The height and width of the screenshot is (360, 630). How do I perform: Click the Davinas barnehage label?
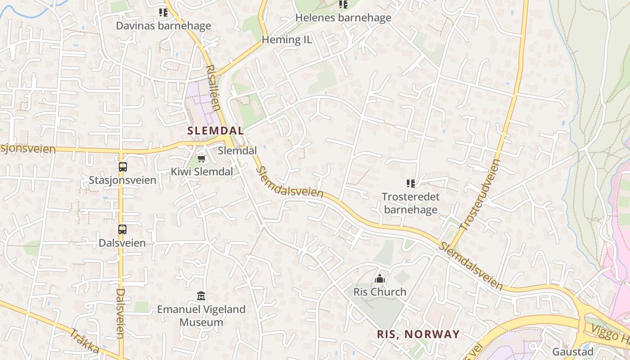coord(163,26)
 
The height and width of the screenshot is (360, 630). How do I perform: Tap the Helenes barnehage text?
coord(343,18)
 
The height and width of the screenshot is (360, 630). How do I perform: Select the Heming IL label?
coord(287,40)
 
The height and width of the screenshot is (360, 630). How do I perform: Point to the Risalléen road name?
coord(213,88)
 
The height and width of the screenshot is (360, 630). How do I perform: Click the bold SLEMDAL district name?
coord(216,131)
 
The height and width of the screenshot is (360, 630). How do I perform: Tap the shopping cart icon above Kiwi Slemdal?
coord(202,159)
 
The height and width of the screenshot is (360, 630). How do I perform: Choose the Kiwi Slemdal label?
coord(202,171)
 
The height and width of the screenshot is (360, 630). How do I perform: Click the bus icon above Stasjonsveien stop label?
coord(122,167)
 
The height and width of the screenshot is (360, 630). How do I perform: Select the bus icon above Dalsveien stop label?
coord(122,229)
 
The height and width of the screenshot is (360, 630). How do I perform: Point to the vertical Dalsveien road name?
coord(120,313)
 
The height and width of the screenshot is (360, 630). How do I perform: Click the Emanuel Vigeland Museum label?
coord(201,315)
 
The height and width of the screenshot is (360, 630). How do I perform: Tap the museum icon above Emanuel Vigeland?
coord(201,296)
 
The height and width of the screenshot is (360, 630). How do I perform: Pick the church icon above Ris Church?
coord(380,279)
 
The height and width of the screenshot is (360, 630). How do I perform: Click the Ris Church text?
coord(380,292)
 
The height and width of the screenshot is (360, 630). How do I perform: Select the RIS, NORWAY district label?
coord(418,334)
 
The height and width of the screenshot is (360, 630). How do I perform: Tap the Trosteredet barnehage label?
coord(410,203)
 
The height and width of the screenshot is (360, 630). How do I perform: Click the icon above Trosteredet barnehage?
coord(410,184)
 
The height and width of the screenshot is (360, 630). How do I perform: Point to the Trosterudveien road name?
coord(481,195)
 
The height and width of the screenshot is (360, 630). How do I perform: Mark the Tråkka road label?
coord(84,341)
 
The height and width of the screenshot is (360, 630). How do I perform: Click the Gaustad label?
coord(573,351)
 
